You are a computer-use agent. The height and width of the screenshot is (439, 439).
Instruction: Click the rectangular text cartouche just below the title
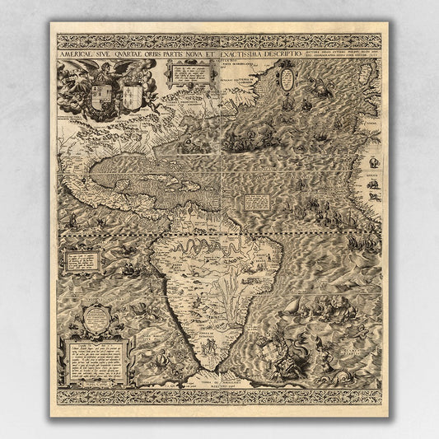click(x=187, y=73)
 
